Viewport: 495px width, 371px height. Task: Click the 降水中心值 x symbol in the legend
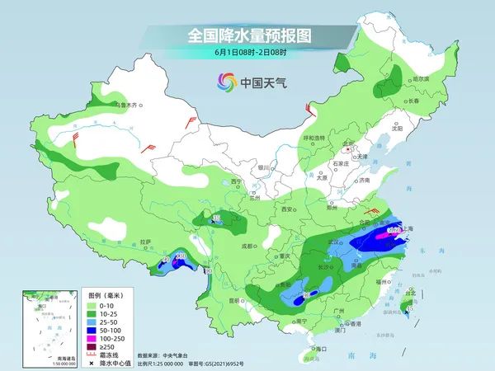pyautogui.click(x=94, y=363)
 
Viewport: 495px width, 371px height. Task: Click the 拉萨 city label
pyautogui.click(x=146, y=242)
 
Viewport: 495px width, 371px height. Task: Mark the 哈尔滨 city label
pyautogui.click(x=421, y=78)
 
